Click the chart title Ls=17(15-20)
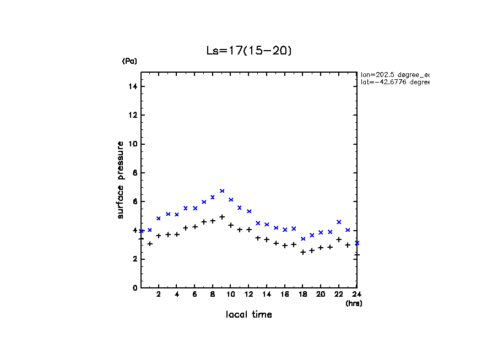pyautogui.click(x=248, y=51)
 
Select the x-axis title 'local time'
pyautogui.click(x=248, y=315)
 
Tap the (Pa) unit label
pyautogui.click(x=129, y=61)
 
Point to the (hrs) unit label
pyautogui.click(x=354, y=303)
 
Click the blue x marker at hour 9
pyautogui.click(x=222, y=191)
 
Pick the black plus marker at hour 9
pyautogui.click(x=222, y=217)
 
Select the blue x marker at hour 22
pyautogui.click(x=339, y=222)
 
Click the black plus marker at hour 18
pyautogui.click(x=303, y=252)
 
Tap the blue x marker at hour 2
pyautogui.click(x=159, y=218)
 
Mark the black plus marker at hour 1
pyautogui.click(x=150, y=243)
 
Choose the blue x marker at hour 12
pyautogui.click(x=249, y=211)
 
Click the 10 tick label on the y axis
pyautogui.click(x=133, y=144)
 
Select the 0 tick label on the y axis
pyautogui.click(x=135, y=288)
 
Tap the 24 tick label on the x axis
pyautogui.click(x=356, y=294)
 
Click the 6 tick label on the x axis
pyautogui.click(x=194, y=294)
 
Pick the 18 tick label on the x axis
pyautogui.click(x=302, y=294)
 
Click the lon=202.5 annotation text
pyautogui.click(x=394, y=74)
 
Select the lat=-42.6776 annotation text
pyautogui.click(x=394, y=82)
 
